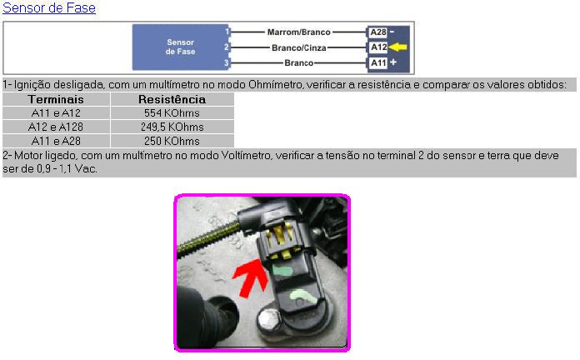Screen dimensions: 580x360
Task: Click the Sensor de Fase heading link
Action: point(49,7)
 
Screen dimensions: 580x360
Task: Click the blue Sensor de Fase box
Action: point(181,47)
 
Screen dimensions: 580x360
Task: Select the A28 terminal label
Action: point(378,32)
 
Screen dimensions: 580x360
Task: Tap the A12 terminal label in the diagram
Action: point(378,47)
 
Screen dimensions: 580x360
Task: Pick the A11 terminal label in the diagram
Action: point(378,62)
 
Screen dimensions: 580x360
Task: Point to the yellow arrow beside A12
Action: point(397,47)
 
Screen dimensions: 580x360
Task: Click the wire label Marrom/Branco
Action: point(298,32)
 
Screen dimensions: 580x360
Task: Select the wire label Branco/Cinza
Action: point(298,47)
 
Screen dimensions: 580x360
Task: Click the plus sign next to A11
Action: point(393,62)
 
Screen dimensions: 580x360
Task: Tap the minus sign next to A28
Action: point(392,32)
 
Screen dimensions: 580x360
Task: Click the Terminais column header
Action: point(56,99)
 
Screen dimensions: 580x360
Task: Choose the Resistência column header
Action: point(172,99)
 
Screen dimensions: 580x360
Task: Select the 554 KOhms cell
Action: point(172,112)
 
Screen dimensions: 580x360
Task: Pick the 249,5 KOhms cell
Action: point(172,127)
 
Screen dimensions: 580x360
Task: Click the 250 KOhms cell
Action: point(172,141)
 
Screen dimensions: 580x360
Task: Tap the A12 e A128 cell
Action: point(56,127)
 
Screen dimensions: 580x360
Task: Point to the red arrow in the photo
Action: point(251,278)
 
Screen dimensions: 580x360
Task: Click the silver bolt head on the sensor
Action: point(269,320)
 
